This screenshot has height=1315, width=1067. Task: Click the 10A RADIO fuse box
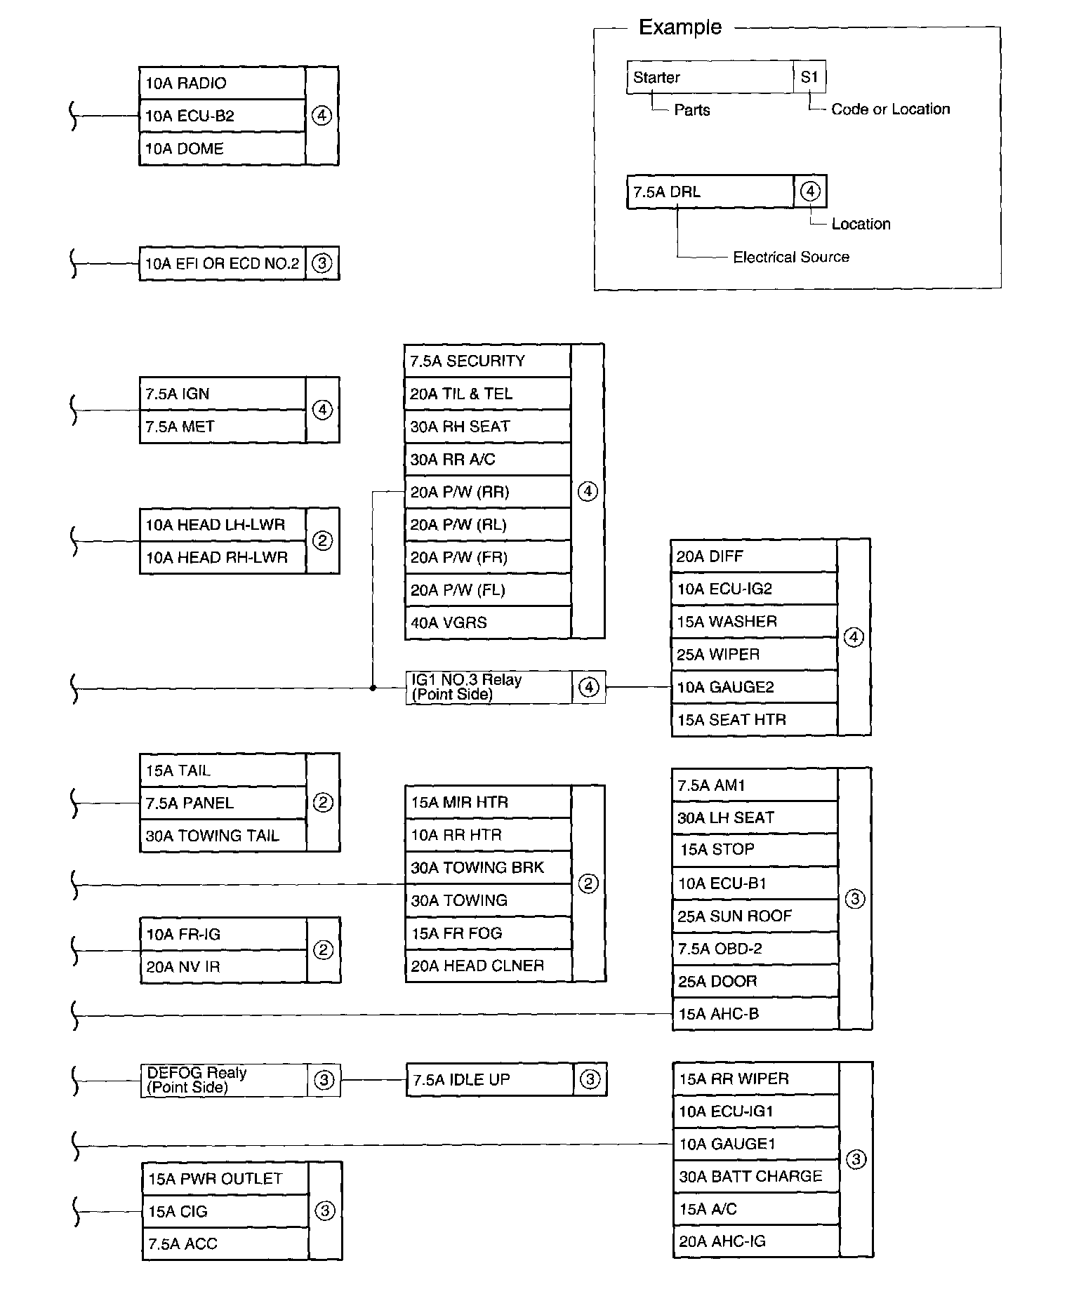(x=222, y=84)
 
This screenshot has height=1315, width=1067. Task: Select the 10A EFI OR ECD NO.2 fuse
(x=222, y=264)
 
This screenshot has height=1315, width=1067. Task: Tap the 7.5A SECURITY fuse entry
(x=487, y=361)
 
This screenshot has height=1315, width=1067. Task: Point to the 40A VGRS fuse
(x=487, y=622)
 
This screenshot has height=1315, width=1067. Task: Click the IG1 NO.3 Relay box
(x=489, y=687)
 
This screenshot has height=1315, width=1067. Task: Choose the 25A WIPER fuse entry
(x=754, y=655)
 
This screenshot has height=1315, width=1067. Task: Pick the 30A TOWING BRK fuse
(x=488, y=868)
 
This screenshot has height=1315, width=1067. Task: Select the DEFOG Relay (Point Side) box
(x=224, y=1080)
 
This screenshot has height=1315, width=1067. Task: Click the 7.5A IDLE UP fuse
(x=489, y=1080)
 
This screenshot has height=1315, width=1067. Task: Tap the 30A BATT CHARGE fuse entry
(x=756, y=1177)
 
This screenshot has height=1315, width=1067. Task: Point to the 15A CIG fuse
(x=225, y=1212)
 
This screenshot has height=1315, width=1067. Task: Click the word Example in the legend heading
(x=680, y=27)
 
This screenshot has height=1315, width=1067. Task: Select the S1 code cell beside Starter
(x=809, y=77)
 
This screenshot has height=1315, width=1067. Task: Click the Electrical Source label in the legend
(x=791, y=258)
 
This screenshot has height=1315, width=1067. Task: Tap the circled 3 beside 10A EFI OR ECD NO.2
(x=322, y=264)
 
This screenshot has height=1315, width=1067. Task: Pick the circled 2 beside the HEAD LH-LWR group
(x=322, y=541)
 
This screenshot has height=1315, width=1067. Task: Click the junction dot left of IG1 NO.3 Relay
(x=373, y=688)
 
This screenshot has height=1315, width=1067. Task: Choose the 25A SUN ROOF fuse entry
(x=755, y=916)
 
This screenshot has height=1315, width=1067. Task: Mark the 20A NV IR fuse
(x=223, y=967)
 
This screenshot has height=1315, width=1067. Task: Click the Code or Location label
(x=890, y=109)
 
